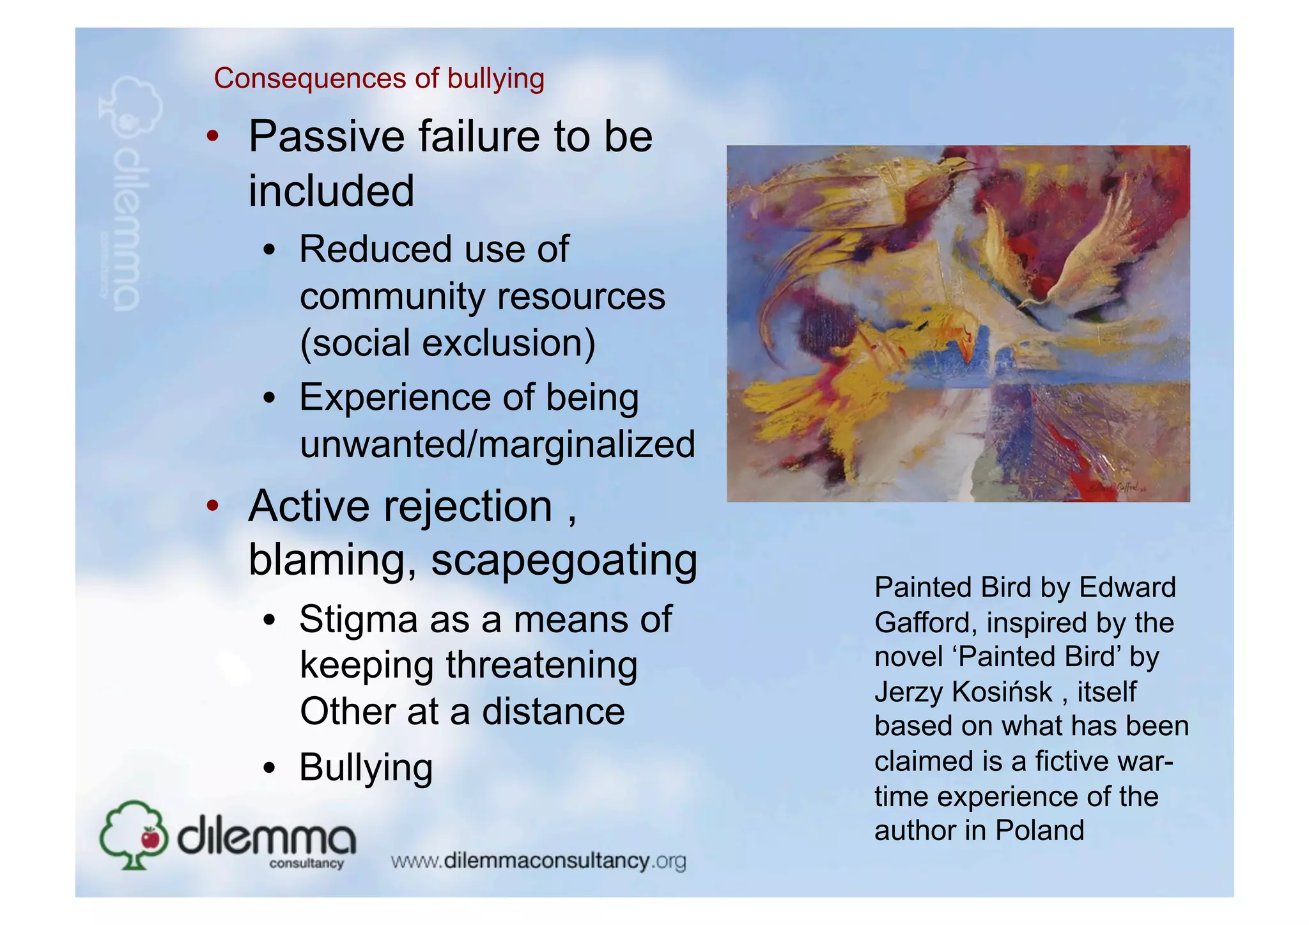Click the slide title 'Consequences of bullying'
(x=379, y=79)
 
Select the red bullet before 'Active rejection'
(x=213, y=506)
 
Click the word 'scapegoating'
(x=564, y=560)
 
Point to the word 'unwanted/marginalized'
(x=497, y=444)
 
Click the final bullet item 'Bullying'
(x=366, y=767)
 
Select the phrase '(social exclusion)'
(x=447, y=343)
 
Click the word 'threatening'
(x=541, y=665)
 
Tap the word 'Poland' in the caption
(x=1039, y=830)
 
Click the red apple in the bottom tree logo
(x=151, y=837)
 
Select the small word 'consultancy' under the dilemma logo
(x=306, y=864)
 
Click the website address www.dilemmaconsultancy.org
(x=538, y=861)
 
